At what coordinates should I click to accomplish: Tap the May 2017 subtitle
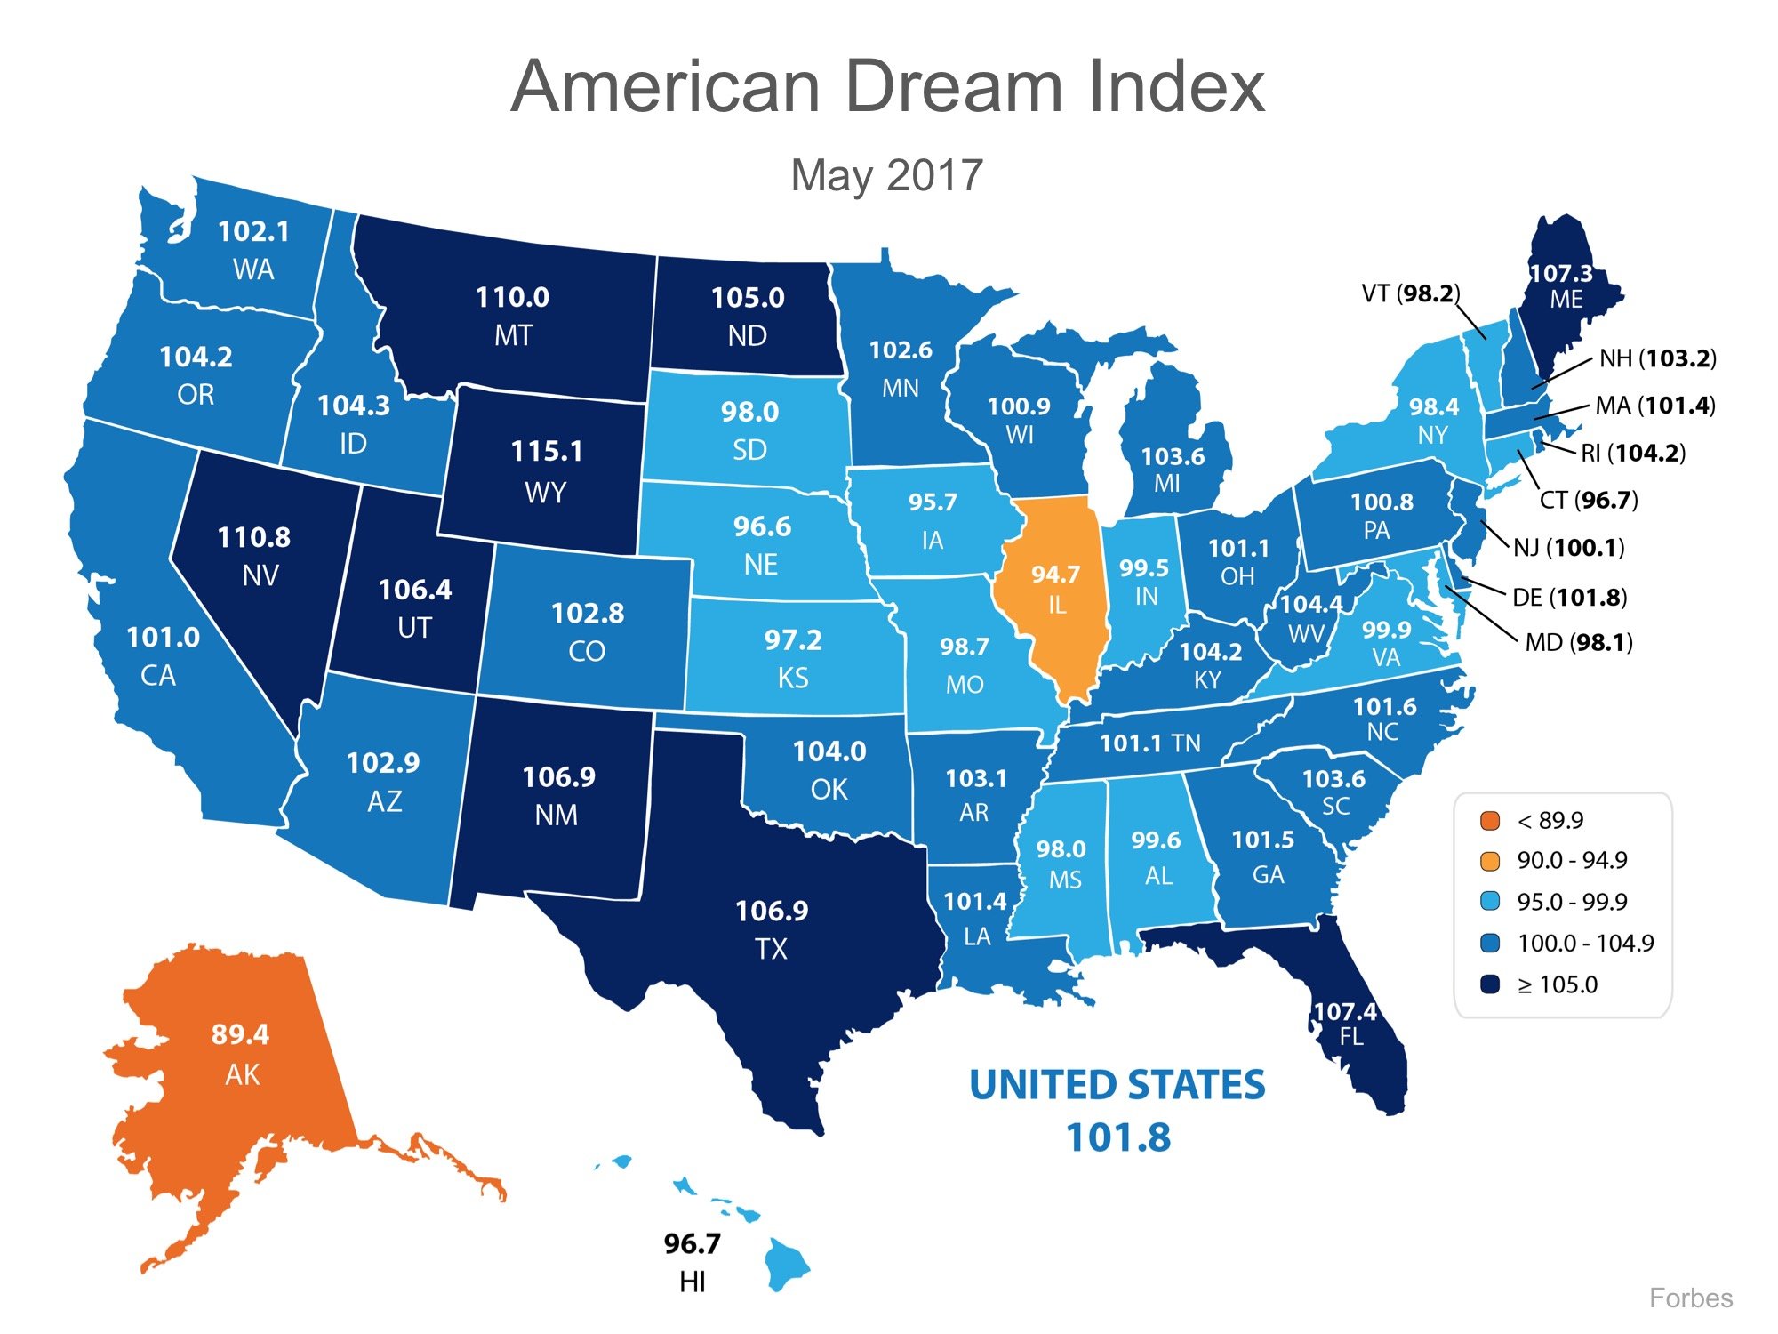(x=886, y=175)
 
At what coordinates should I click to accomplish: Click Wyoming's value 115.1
(x=547, y=451)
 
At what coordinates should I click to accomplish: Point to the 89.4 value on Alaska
(x=240, y=1034)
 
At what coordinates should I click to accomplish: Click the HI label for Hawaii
(x=692, y=1282)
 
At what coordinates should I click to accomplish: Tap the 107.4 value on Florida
(x=1344, y=1011)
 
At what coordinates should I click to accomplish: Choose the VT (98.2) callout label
(x=1410, y=293)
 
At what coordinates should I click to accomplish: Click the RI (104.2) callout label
(x=1632, y=453)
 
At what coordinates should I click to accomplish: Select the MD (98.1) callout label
(x=1579, y=642)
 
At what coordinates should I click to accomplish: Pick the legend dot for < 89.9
(x=1490, y=820)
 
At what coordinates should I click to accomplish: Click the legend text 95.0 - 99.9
(x=1572, y=902)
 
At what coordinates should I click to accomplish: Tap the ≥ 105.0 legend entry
(x=1557, y=984)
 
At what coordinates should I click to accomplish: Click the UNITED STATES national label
(x=1117, y=1085)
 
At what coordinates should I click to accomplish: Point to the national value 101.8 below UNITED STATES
(x=1118, y=1137)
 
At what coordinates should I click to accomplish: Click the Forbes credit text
(x=1690, y=1298)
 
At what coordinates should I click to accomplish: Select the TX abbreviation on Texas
(x=771, y=949)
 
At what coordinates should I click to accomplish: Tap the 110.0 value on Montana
(x=512, y=297)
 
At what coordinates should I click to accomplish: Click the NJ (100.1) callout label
(x=1568, y=547)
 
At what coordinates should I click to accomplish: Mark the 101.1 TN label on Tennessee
(x=1149, y=743)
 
